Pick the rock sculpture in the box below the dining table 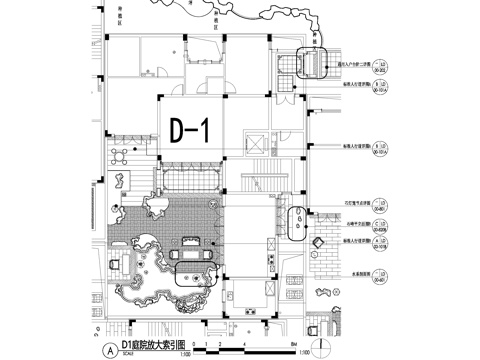click(116, 181)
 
